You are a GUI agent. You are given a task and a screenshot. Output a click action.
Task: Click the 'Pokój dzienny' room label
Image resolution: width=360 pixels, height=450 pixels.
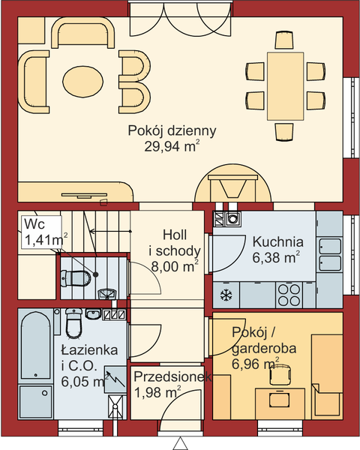pos(172,130)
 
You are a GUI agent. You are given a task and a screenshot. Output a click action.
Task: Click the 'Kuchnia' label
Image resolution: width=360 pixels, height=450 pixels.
pos(277,241)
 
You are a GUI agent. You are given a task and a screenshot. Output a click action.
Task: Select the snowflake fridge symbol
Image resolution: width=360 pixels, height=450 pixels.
pos(226,291)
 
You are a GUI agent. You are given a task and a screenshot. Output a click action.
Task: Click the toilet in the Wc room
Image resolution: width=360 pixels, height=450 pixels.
pos(77,277)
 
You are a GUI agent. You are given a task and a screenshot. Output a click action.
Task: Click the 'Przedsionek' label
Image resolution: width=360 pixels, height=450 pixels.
pos(170,378)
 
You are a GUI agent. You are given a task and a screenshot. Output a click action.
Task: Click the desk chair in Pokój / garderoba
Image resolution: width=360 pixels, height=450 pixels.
pos(278,378)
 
